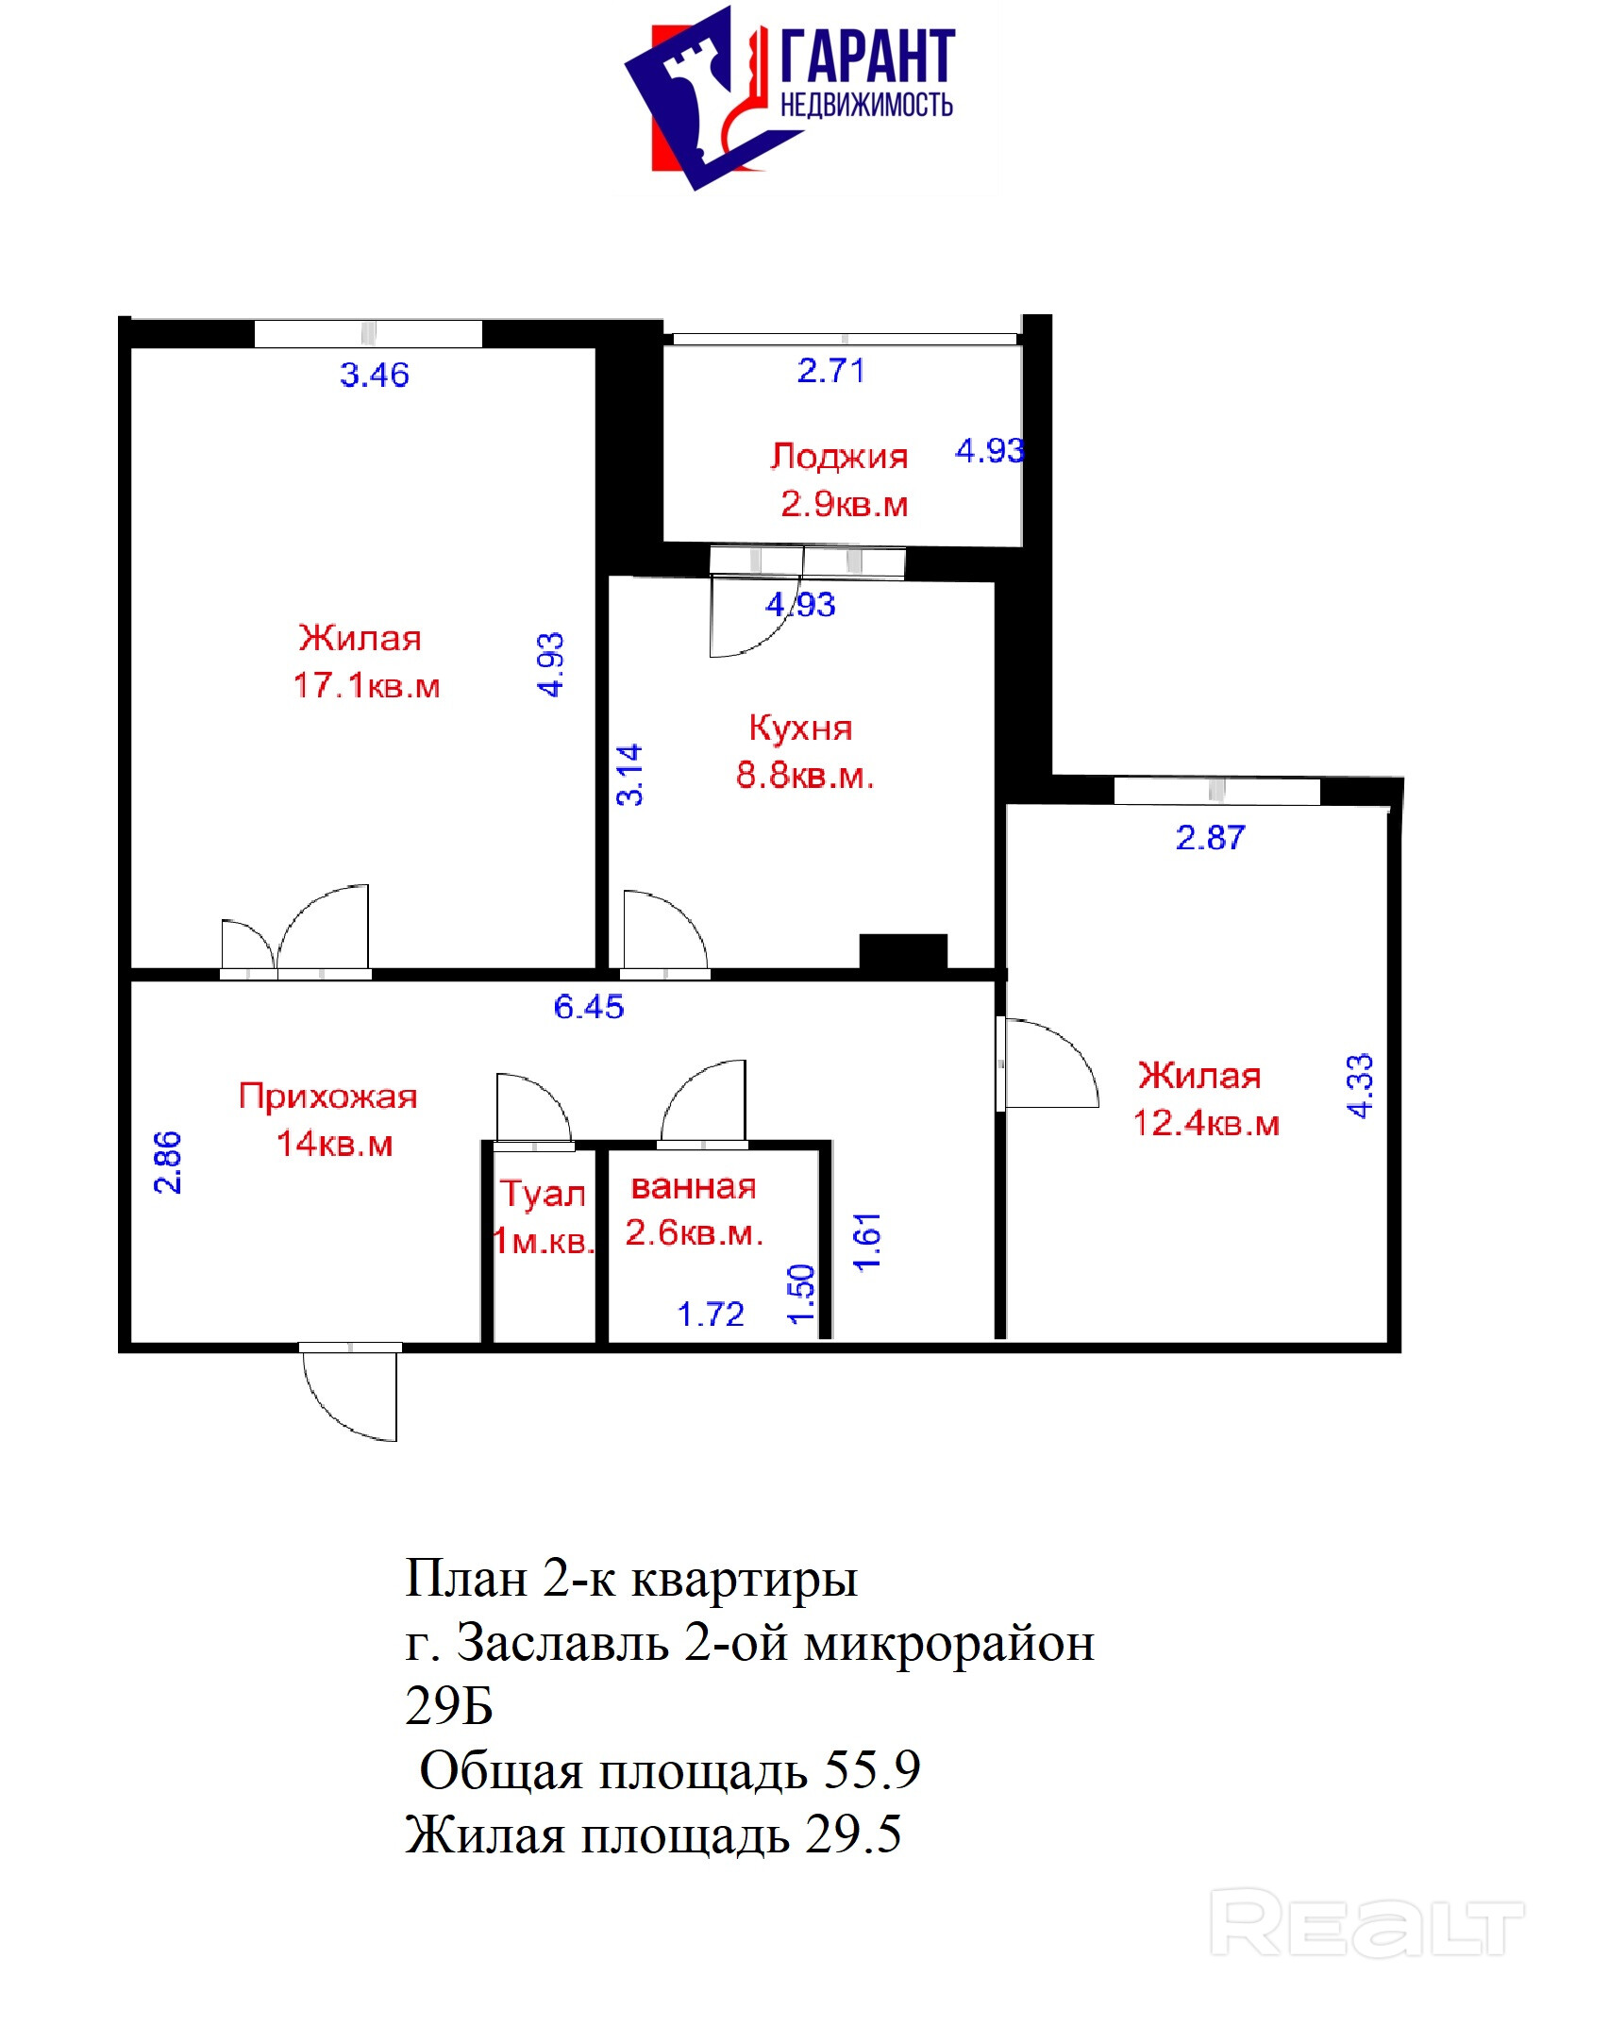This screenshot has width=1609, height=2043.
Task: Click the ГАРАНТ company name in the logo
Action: click(867, 56)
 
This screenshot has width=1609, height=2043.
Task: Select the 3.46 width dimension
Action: click(375, 376)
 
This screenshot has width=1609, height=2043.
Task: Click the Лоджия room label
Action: click(839, 457)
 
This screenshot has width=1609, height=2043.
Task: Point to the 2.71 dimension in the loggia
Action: click(830, 371)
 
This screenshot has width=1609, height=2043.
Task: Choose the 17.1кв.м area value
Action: click(367, 686)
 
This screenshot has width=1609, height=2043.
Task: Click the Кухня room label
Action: click(800, 728)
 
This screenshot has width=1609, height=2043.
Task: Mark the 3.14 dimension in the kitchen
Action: click(629, 776)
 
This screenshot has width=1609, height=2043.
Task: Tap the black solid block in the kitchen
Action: click(903, 951)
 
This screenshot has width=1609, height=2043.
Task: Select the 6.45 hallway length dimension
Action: click(589, 1007)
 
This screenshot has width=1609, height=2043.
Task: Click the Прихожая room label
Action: click(327, 1097)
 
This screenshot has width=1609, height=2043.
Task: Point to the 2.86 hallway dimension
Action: click(167, 1163)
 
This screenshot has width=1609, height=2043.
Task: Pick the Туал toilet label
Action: click(543, 1194)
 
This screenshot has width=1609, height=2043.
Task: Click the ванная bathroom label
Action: click(694, 1187)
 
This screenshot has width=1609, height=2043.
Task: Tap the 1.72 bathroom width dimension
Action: click(711, 1315)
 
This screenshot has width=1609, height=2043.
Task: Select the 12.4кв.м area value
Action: click(1206, 1124)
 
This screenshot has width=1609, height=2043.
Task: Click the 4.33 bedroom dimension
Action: click(1360, 1086)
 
